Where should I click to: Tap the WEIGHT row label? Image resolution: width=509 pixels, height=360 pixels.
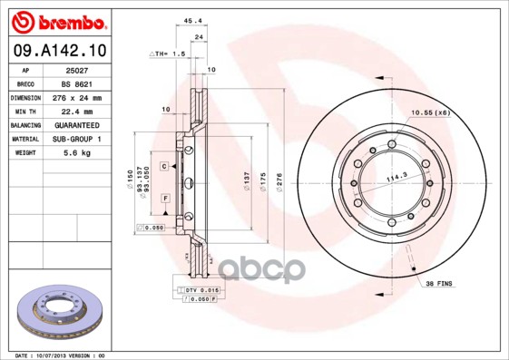click(x=26, y=153)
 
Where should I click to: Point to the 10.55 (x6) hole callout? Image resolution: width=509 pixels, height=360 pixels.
click(x=431, y=112)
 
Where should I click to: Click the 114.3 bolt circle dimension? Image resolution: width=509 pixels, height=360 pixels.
click(x=396, y=177)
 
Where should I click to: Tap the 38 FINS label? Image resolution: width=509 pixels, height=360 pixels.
click(x=440, y=284)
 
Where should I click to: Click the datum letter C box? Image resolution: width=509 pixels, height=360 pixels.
click(x=165, y=167)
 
